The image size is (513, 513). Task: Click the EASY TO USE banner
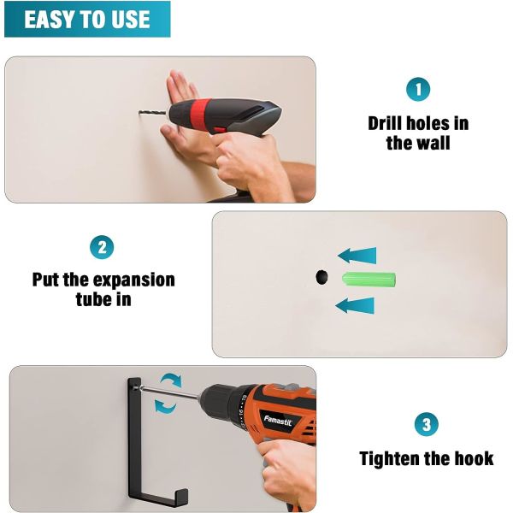87,19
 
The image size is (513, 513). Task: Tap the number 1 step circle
418,89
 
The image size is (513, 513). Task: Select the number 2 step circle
102,247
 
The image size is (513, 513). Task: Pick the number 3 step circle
427,424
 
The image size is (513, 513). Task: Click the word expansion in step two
134,280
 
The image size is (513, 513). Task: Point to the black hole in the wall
321,276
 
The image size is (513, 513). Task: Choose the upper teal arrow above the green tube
357,256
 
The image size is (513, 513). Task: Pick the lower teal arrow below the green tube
355,305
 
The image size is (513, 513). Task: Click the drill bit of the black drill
152,113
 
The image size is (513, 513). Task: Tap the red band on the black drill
197,115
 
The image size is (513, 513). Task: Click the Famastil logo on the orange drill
278,421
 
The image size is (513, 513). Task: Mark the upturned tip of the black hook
183,496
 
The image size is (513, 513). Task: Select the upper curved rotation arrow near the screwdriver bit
171,380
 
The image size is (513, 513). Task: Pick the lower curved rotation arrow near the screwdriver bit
165,406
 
